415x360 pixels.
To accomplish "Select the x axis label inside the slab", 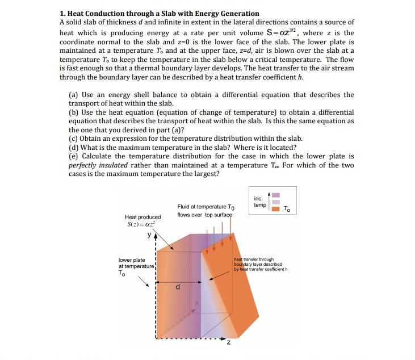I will [x=198, y=304].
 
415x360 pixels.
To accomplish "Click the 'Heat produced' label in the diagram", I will [x=143, y=217].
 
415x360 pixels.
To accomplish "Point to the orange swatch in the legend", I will [x=275, y=209].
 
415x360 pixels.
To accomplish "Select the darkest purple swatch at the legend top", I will [x=275, y=195].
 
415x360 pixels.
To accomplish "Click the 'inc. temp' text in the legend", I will [x=259, y=202].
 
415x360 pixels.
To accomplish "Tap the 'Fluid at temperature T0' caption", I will [x=205, y=208].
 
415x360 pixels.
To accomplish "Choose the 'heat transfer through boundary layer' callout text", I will [x=261, y=264].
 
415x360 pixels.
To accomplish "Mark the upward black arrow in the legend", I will [x=269, y=203].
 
